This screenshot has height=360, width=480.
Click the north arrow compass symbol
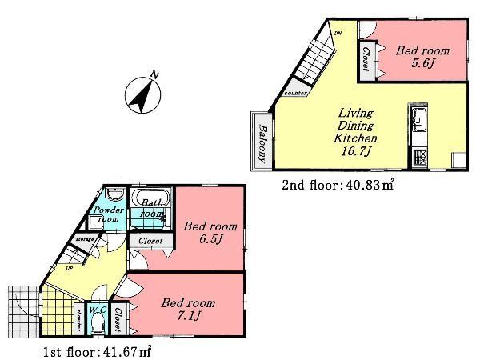142,94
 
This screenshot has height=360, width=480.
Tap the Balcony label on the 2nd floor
262,138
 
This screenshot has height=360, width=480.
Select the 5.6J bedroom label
422,56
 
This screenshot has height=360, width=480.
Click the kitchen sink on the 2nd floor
418,122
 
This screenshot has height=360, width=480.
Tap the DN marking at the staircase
338,33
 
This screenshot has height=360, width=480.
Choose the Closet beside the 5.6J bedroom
366,58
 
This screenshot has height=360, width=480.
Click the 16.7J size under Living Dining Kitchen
356,151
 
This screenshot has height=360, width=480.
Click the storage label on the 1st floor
86,238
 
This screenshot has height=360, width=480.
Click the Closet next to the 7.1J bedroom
118,318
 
